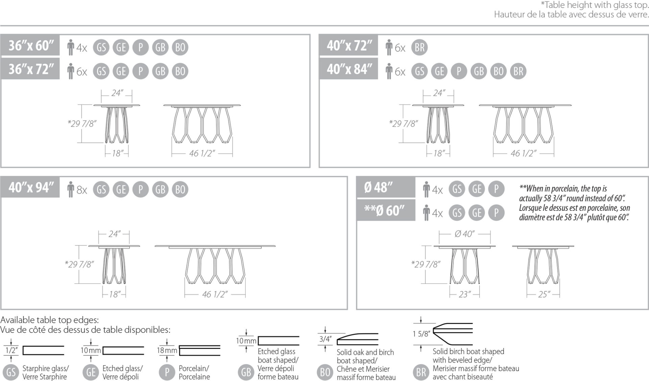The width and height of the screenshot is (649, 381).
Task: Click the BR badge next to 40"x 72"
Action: pyautogui.click(x=419, y=47)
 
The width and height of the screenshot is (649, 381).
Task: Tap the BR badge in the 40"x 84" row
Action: pyautogui.click(x=518, y=71)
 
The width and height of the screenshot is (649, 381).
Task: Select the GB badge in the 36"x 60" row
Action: pyautogui.click(x=160, y=47)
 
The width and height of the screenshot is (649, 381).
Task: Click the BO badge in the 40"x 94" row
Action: pyautogui.click(x=180, y=189)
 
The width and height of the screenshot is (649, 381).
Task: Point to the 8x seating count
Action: pyautogui.click(x=81, y=190)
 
